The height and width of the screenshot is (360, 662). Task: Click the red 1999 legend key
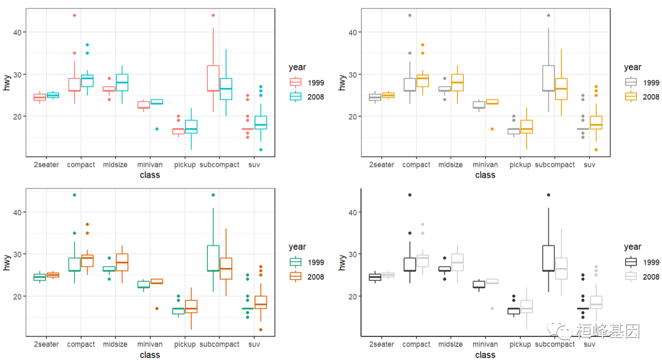pyautogui.click(x=295, y=82)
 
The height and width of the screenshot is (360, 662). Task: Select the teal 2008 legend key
pyautogui.click(x=295, y=96)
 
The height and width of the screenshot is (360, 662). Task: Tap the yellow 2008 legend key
pyautogui.click(x=631, y=96)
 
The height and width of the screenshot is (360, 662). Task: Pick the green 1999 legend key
pyautogui.click(x=295, y=262)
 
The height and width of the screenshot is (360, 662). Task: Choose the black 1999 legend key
pyautogui.click(x=631, y=262)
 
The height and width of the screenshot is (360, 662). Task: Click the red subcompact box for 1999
pyautogui.click(x=213, y=78)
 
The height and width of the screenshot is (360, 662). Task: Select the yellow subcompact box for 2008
pyautogui.click(x=560, y=89)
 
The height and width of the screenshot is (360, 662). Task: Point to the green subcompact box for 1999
pyautogui.click(x=213, y=258)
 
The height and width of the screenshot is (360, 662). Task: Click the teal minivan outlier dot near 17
pyautogui.click(x=157, y=129)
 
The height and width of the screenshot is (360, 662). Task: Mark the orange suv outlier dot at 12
pyautogui.click(x=261, y=329)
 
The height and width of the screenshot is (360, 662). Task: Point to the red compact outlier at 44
pyautogui.click(x=74, y=15)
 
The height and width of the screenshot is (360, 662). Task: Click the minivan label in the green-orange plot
pyautogui.click(x=150, y=345)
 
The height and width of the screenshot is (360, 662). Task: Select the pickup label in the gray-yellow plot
pyautogui.click(x=520, y=165)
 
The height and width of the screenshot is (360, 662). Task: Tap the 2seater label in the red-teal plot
pyautogui.click(x=47, y=165)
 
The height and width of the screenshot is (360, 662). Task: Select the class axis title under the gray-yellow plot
pyautogui.click(x=485, y=175)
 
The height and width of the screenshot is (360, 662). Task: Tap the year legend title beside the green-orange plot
pyautogui.click(x=297, y=247)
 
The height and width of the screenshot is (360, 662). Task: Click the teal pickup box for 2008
pyautogui.click(x=191, y=126)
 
